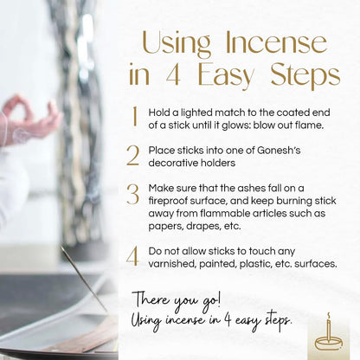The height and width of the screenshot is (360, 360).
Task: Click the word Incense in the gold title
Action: click(x=276, y=43)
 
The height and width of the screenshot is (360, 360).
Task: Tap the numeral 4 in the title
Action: click(x=173, y=74)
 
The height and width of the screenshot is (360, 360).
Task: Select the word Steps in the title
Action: click(x=305, y=76)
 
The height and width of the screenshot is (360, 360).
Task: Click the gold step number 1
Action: click(x=135, y=117)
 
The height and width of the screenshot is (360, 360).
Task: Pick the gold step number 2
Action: click(x=132, y=156)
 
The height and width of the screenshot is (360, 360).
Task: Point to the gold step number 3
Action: click(x=132, y=194)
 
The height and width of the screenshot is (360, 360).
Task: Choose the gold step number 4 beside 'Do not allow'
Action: click(x=132, y=256)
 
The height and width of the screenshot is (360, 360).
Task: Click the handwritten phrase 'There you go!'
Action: click(x=177, y=300)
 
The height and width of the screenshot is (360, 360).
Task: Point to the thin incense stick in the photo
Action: click(x=84, y=279)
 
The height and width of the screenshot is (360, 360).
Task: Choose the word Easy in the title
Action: click(x=225, y=76)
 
